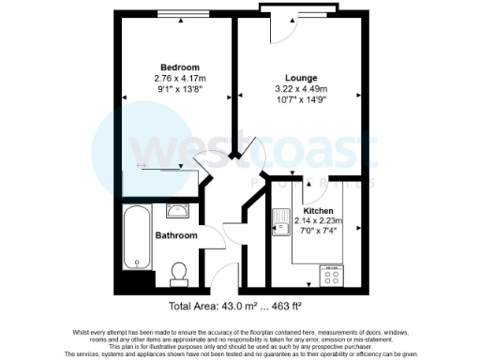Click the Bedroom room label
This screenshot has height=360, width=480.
[179, 67]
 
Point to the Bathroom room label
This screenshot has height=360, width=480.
[176, 235]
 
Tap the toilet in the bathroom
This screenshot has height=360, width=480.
[179, 273]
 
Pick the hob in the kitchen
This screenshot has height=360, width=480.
[333, 274]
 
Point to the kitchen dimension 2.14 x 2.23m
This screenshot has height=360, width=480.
[320, 221]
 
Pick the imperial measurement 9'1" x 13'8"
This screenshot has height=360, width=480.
[179, 90]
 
